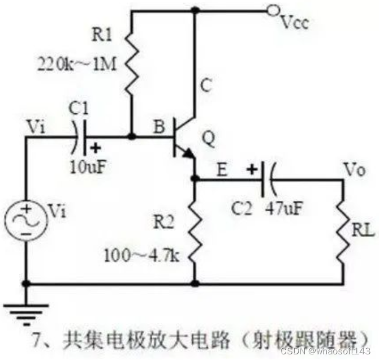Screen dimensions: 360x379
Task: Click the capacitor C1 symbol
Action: pyautogui.click(x=83, y=137)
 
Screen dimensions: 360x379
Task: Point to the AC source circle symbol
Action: pyautogui.click(x=27, y=219)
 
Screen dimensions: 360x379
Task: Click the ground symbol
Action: pyautogui.click(x=26, y=312)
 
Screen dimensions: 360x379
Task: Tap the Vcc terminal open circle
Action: pyautogui.click(x=273, y=10)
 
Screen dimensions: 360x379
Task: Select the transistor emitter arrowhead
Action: pyautogui.click(x=188, y=154)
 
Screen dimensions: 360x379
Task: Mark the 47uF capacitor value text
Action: pyautogui.click(x=283, y=208)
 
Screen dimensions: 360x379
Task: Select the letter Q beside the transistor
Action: pyautogui.click(x=209, y=139)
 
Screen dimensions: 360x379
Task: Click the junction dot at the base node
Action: pyautogui.click(x=131, y=137)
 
